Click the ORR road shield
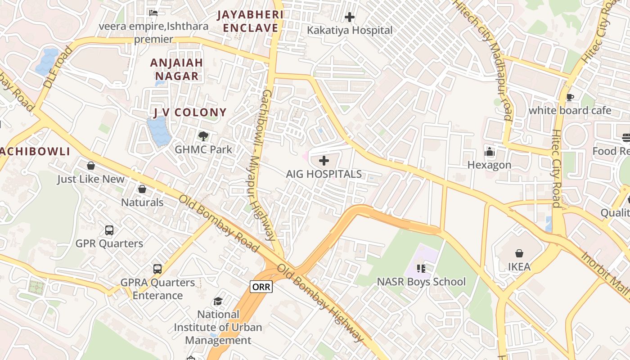[261, 287]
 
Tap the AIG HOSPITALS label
[324, 174]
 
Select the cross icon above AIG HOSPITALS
[324, 161]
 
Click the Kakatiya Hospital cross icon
[350, 18]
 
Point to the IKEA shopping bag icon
[519, 253]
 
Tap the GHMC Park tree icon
[203, 136]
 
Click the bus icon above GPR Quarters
[109, 230]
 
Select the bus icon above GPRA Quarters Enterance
[157, 269]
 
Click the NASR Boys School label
[421, 282]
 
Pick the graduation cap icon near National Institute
[218, 301]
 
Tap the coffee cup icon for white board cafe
[570, 97]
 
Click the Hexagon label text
[489, 165]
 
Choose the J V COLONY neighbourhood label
[190, 112]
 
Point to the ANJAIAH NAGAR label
[176, 69]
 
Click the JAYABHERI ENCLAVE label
[251, 21]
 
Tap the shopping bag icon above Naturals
[142, 189]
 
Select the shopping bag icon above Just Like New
[91, 166]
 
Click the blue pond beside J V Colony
[158, 130]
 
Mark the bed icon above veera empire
[153, 13]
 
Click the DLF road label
[57, 67]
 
